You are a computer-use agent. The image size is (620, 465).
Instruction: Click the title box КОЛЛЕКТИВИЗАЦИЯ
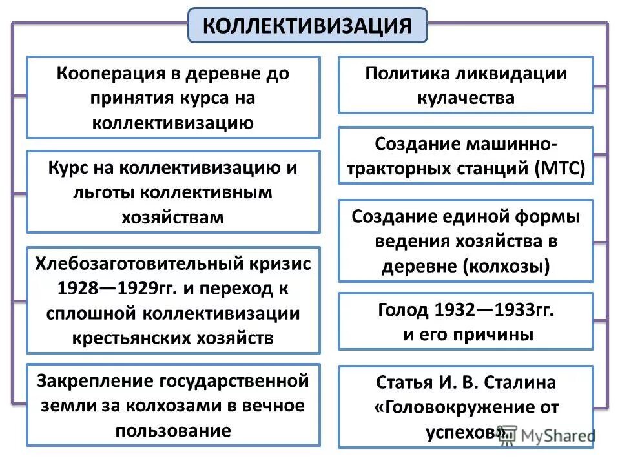[x=307, y=26]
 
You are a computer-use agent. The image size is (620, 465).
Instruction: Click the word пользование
[x=172, y=431]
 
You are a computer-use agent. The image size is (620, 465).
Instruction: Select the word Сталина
[x=524, y=382]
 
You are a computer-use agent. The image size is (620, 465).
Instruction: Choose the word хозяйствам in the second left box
[x=172, y=217]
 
